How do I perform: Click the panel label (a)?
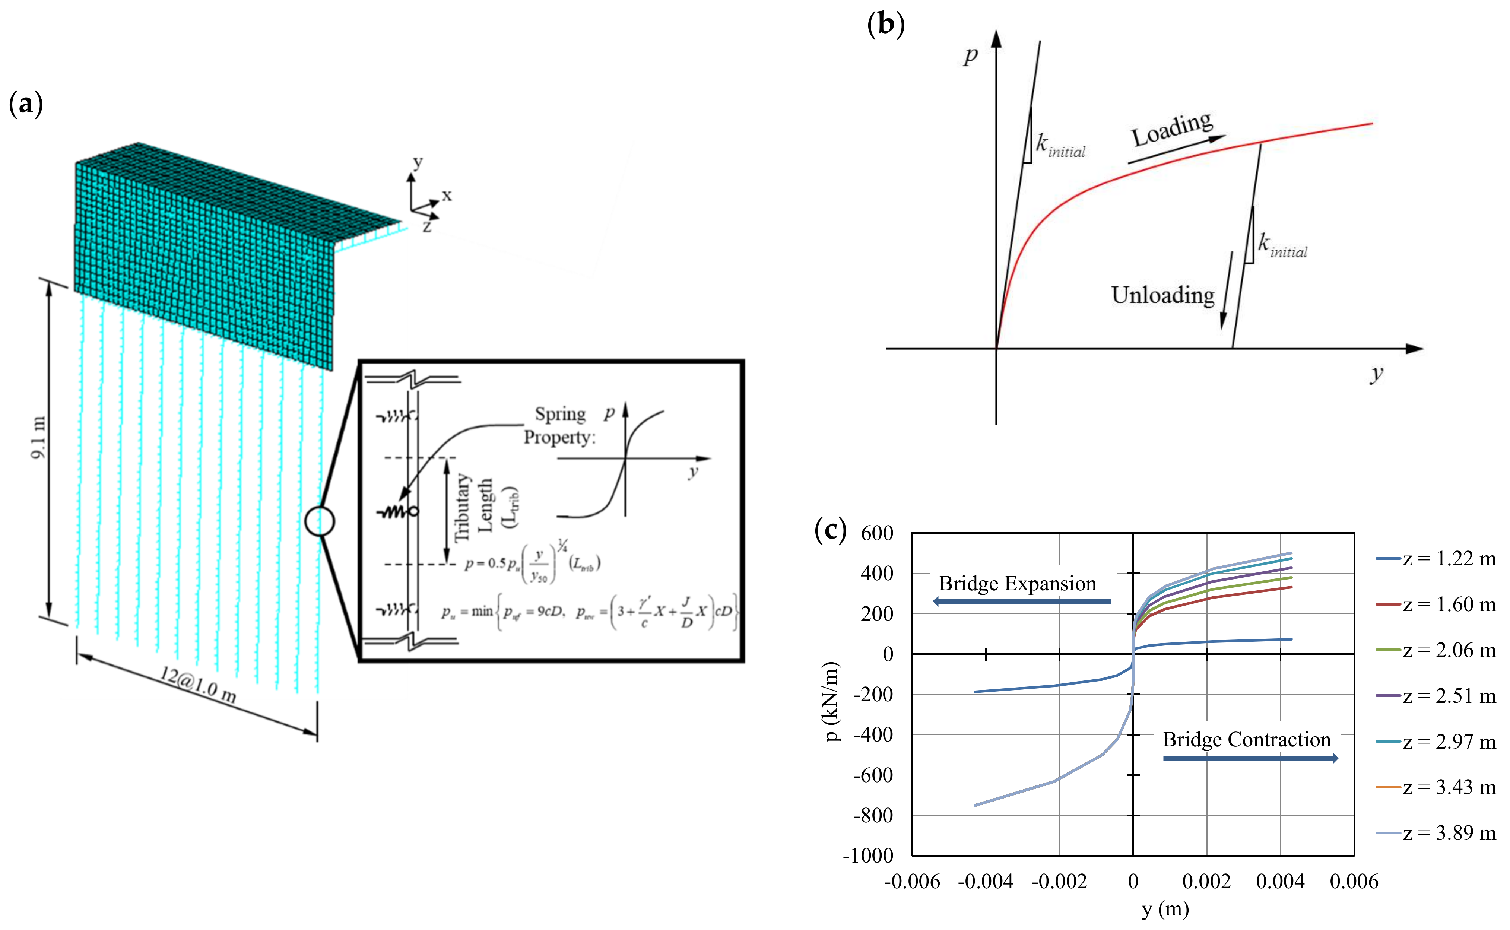(26, 103)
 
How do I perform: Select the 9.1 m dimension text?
(38, 437)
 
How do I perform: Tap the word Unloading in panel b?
(1162, 295)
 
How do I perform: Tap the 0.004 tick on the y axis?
(1280, 882)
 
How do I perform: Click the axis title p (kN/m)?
(832, 701)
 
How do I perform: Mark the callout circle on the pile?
(319, 521)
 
